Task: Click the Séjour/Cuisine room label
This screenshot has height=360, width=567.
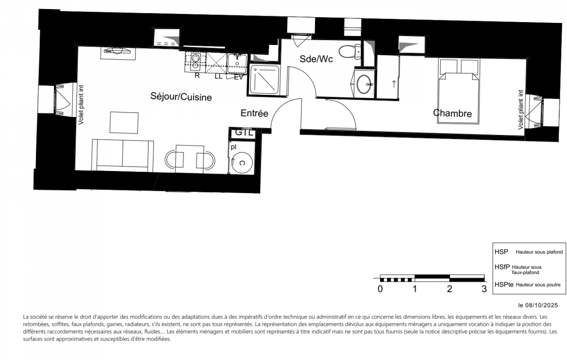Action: pos(181,97)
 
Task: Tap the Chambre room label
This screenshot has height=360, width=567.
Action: pos(452,113)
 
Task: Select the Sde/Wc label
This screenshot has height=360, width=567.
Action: pos(316,59)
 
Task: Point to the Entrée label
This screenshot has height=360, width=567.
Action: pos(254,113)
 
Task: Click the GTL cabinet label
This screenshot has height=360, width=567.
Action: pos(244,132)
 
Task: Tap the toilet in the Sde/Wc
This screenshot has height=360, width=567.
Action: pos(350,52)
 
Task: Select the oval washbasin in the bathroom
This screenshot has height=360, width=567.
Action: pos(364,84)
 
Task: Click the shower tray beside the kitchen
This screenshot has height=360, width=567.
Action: pos(264,79)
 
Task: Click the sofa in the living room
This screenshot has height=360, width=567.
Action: pos(123,155)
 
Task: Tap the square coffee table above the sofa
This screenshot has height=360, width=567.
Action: pos(124,123)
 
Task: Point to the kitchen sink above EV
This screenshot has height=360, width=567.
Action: pos(237,63)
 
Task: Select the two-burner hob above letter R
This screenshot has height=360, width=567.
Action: pos(195,62)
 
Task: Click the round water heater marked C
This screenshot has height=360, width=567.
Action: pos(242,163)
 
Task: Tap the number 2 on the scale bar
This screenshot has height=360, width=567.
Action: pos(449,289)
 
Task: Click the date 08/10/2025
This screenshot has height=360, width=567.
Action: pos(541,305)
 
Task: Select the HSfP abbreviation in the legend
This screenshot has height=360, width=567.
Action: pos(502,267)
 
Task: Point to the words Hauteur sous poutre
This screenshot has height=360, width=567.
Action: pos(538,285)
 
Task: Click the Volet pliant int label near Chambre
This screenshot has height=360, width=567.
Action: pos(520,110)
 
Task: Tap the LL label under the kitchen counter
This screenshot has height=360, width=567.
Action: pos(218,76)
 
